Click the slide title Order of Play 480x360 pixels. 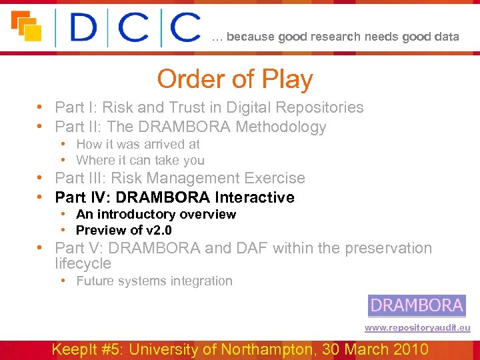click(x=235, y=79)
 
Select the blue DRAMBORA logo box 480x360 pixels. click(x=417, y=306)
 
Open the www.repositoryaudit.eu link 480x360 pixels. click(x=417, y=328)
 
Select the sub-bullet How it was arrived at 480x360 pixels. click(x=137, y=144)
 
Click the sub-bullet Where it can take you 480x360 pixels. click(x=140, y=160)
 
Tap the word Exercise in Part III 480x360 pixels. click(x=277, y=178)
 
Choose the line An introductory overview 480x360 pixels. click(x=155, y=214)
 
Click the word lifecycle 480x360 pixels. click(x=83, y=263)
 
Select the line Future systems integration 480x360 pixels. click(x=154, y=281)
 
